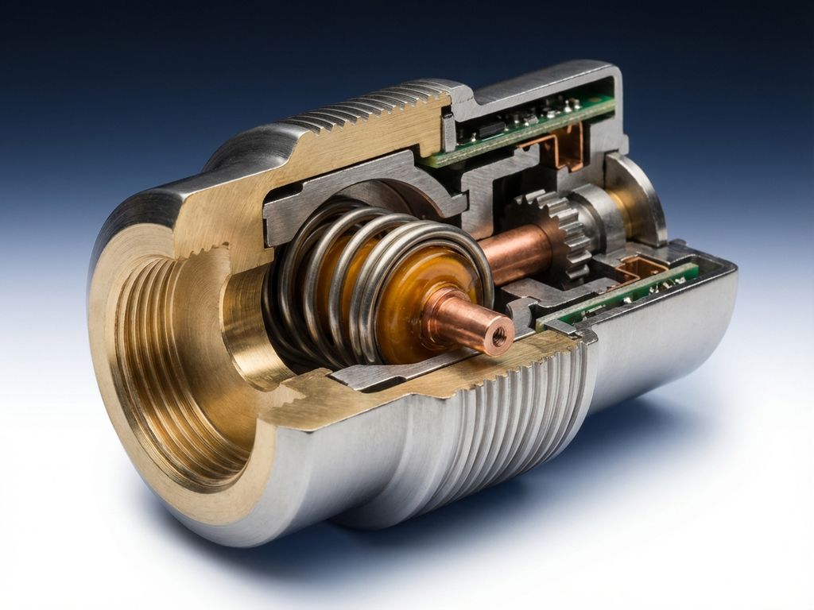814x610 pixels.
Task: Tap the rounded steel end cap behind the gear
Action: coord(640,199)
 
